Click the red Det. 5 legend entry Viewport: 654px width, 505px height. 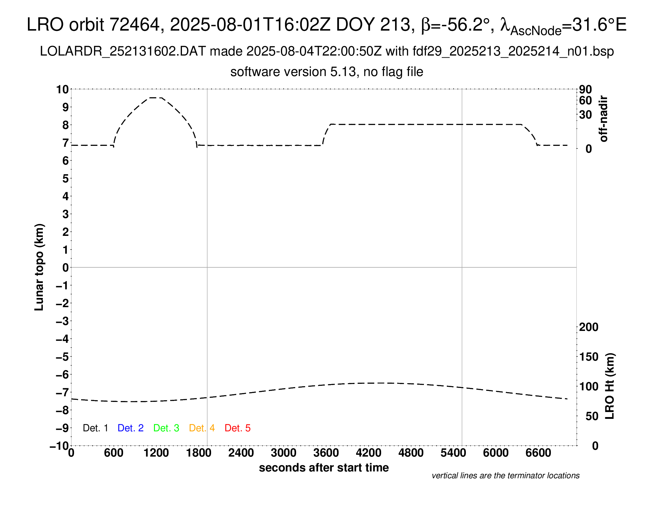238,428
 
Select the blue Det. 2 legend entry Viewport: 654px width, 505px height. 131,428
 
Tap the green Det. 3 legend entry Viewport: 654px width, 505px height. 166,428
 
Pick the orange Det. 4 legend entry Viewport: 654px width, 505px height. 202,428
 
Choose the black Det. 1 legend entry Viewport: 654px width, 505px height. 95,428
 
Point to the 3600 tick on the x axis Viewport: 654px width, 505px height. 326,453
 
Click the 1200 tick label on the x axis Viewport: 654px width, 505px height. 156,453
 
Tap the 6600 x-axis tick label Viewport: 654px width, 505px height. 538,453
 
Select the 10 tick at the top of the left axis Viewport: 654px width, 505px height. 63,89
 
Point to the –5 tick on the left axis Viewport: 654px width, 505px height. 62,357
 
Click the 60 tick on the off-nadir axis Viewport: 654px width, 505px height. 585,100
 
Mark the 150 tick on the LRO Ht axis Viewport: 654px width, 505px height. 588,356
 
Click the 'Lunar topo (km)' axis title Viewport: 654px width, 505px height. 39,267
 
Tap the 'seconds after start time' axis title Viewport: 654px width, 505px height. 324,468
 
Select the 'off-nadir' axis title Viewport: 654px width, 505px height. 603,119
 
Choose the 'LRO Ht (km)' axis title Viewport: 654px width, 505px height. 610,386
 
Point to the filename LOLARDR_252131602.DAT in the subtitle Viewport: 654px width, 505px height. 123,51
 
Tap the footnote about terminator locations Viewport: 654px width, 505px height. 505,476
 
